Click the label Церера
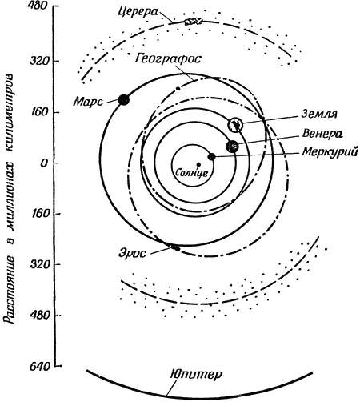138,12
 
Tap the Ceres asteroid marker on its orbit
194,21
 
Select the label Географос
168,58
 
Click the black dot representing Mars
124,99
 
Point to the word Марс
88,102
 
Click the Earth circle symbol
235,124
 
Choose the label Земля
319,114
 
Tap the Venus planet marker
232,147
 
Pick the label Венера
322,134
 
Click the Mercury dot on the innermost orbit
211,157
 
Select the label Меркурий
330,152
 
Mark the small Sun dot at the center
198,164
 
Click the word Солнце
191,173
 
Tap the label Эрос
133,253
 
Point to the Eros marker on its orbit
175,248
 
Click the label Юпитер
196,374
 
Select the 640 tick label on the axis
40,367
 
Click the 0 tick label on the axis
44,163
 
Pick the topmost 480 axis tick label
38,6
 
